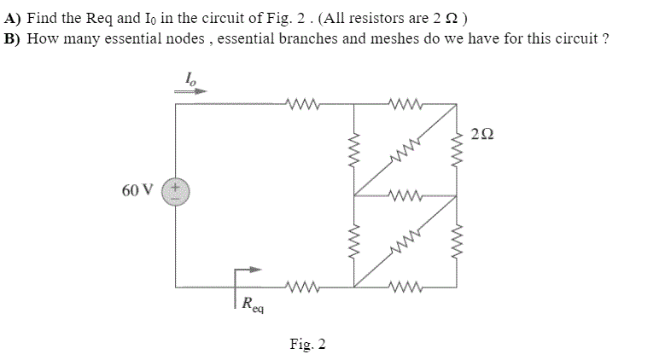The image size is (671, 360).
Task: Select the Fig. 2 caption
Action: [x=307, y=344]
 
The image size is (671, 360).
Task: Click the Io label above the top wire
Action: [x=189, y=77]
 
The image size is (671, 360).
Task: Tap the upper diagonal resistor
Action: [x=403, y=150]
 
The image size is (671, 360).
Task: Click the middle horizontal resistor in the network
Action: [x=403, y=195]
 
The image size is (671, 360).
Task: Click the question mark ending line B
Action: [x=605, y=39]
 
